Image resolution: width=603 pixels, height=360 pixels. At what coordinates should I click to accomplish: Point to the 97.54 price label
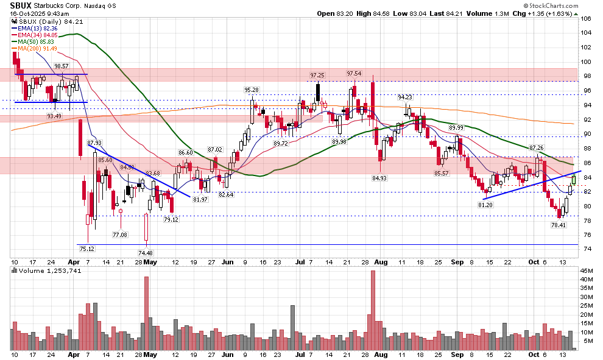pyautogui.click(x=354, y=74)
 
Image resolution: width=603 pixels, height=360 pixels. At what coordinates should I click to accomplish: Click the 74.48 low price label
pyautogui.click(x=146, y=253)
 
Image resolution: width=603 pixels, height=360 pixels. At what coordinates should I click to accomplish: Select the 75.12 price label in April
pyautogui.click(x=86, y=249)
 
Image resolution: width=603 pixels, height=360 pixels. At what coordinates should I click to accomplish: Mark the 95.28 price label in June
pyautogui.click(x=252, y=90)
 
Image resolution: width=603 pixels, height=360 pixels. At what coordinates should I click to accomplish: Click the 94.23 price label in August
pyautogui.click(x=405, y=97)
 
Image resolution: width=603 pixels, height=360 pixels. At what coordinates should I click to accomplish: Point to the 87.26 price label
pyautogui.click(x=536, y=148)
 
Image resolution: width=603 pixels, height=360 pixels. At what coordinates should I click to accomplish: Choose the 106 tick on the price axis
pyautogui.click(x=587, y=18)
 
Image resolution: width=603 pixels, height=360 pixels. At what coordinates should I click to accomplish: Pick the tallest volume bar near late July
pyautogui.click(x=373, y=310)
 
